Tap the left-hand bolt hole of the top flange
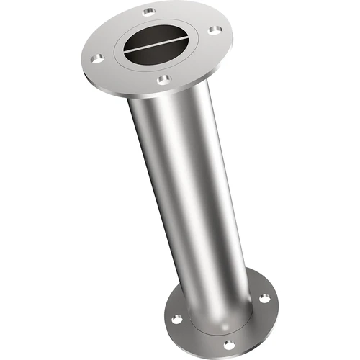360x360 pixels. (96, 56)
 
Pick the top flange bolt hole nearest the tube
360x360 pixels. (164, 78)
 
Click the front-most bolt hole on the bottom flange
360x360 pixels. (229, 343)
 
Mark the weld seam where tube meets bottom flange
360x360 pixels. (216, 317)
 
